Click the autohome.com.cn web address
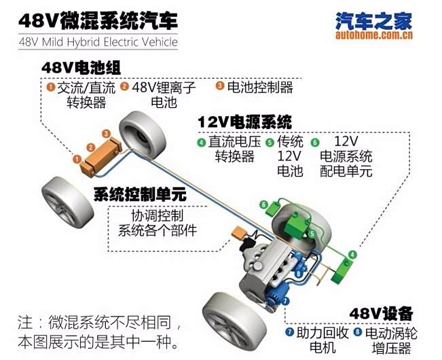click(x=374, y=35)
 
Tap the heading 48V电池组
click(x=81, y=68)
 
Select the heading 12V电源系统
click(x=244, y=122)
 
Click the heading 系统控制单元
click(x=140, y=194)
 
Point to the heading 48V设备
click(x=381, y=313)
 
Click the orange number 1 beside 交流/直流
click(x=51, y=87)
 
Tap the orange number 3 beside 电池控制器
click(x=220, y=86)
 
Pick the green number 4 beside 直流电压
click(x=201, y=142)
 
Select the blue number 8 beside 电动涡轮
click(x=358, y=331)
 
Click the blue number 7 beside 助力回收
click(x=289, y=331)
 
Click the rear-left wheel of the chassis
click(x=67, y=202)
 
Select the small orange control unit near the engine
click(x=239, y=233)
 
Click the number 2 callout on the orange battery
click(x=90, y=147)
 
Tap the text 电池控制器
click(x=260, y=87)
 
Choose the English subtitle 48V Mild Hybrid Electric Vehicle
click(x=98, y=42)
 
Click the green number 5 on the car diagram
click(x=312, y=234)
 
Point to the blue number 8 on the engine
click(x=299, y=273)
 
